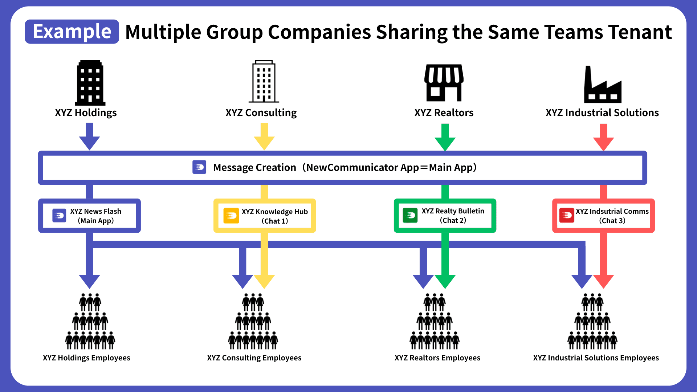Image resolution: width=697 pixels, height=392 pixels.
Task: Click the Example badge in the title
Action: click(72, 32)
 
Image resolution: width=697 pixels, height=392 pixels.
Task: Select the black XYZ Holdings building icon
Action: click(90, 83)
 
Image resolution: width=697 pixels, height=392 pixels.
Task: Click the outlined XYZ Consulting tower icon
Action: click(264, 82)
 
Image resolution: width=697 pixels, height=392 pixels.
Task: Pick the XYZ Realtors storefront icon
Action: click(444, 83)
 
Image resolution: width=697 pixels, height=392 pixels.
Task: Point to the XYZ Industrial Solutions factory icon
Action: click(603, 85)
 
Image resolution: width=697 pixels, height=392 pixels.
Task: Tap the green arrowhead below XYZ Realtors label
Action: click(445, 143)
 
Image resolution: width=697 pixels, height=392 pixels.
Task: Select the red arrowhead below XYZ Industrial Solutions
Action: click(603, 143)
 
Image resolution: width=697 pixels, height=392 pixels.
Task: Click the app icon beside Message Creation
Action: click(199, 167)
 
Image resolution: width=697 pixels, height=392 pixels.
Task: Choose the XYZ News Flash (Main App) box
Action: click(89, 216)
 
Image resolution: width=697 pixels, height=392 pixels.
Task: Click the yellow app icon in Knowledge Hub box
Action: click(231, 216)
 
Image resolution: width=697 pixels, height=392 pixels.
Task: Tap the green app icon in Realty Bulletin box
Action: click(410, 215)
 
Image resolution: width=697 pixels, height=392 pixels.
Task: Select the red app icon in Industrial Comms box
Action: click(567, 215)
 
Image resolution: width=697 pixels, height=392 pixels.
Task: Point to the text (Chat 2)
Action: click(453, 220)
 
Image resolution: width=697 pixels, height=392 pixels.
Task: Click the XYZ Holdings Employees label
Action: click(86, 358)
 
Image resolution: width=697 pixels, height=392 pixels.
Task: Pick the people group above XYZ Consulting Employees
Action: click(253, 322)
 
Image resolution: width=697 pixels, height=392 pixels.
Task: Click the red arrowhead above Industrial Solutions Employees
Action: click(603, 281)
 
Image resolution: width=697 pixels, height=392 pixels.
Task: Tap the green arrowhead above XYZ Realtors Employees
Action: click(445, 281)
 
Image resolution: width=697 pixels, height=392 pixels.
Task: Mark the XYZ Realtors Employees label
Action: click(437, 358)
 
